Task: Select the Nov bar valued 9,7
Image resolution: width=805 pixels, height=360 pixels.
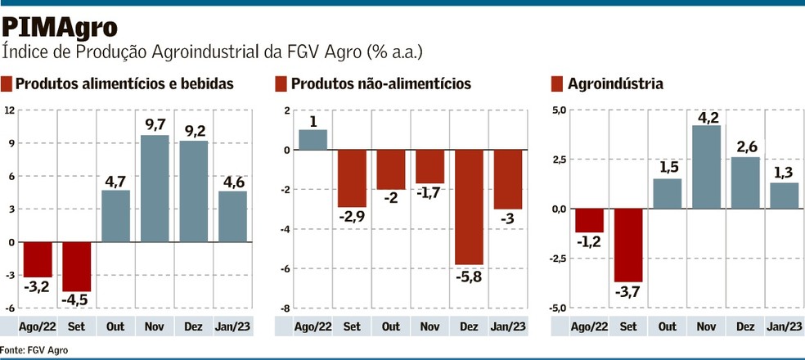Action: tap(155, 188)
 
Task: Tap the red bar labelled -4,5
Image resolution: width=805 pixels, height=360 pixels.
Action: tap(76, 266)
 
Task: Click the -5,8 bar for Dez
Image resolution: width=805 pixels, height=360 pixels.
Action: tap(469, 207)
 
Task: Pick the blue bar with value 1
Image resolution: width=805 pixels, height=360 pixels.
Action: tap(313, 140)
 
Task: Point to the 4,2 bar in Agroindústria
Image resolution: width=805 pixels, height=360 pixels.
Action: tap(705, 167)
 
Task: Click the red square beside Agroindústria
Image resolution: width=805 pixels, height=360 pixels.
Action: tap(558, 83)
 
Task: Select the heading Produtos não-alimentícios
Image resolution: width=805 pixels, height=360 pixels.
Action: tap(380, 83)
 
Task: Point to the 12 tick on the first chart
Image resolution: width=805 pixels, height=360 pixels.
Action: tap(9, 110)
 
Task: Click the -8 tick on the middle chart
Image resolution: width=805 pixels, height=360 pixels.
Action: tap(286, 308)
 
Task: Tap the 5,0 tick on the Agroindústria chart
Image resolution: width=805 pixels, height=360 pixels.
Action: tap(557, 110)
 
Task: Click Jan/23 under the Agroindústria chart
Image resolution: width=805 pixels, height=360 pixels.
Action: tap(783, 326)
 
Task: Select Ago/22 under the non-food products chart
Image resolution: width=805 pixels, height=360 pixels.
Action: tap(313, 326)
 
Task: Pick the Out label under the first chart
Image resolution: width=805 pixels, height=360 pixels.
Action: tap(115, 326)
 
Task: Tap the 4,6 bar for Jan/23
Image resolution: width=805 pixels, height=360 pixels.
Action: tap(232, 216)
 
